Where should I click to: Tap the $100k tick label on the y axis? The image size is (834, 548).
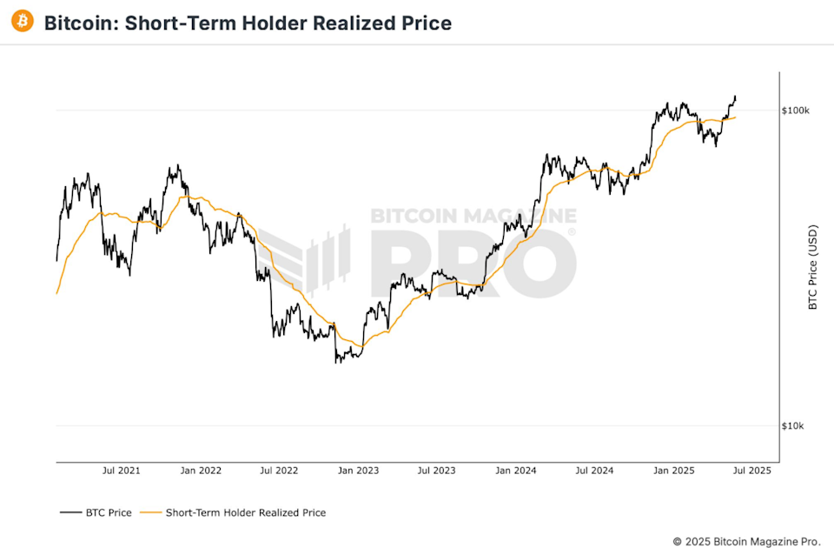click(796, 110)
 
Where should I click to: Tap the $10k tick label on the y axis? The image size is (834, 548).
click(794, 426)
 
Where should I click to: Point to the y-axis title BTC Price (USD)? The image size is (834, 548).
click(813, 268)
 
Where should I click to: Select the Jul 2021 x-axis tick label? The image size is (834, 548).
click(121, 471)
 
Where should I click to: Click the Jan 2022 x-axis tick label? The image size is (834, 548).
click(200, 471)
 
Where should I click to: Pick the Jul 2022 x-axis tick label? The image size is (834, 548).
click(279, 471)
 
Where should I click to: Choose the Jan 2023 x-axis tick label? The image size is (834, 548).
click(358, 471)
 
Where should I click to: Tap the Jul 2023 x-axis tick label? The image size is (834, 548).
click(436, 471)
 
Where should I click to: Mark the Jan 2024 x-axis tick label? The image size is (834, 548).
click(516, 471)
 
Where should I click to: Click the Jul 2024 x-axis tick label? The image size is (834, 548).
click(594, 471)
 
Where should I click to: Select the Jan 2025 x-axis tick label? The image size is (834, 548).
click(674, 471)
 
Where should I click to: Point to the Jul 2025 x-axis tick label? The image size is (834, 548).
click(752, 471)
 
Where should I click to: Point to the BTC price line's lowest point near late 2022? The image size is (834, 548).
click(336, 361)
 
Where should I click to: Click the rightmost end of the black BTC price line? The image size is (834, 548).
click(736, 97)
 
